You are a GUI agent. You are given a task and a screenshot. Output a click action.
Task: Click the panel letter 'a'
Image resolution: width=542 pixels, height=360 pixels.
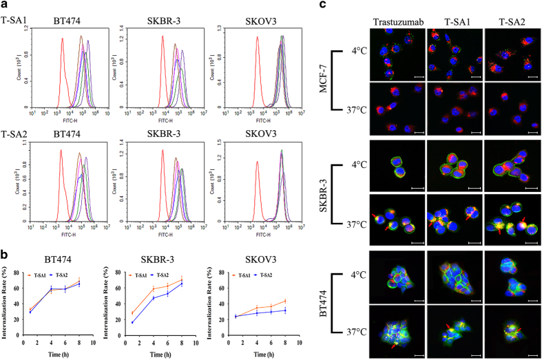(5, 6)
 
